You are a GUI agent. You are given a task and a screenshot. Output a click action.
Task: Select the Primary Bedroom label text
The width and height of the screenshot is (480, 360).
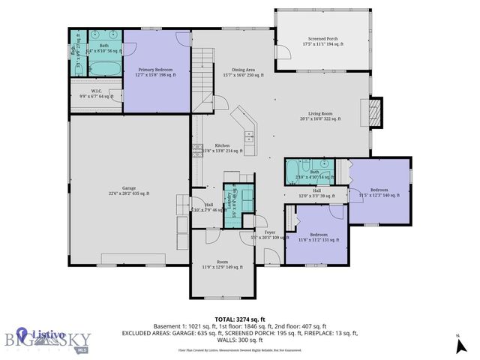point(156,72)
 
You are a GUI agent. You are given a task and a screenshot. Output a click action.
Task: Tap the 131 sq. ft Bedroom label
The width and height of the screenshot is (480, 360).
point(319,236)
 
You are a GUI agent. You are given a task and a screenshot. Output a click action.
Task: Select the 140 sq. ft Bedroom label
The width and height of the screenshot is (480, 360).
point(379,193)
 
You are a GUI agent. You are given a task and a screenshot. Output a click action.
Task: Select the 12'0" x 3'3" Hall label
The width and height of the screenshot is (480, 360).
point(317,193)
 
